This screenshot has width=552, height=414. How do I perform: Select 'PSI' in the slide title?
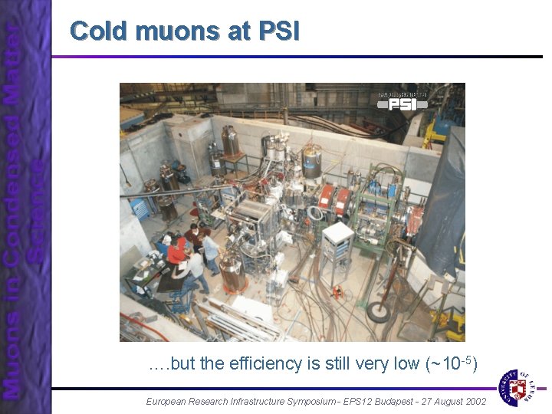279,31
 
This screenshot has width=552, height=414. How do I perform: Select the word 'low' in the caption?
406,363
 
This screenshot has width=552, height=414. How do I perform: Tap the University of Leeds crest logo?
518,386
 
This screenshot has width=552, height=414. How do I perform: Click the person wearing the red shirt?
178,251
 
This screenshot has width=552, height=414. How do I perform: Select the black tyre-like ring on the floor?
378,311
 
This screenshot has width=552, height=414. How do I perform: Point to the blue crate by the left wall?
140,207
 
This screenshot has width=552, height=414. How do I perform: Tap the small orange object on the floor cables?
337,292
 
